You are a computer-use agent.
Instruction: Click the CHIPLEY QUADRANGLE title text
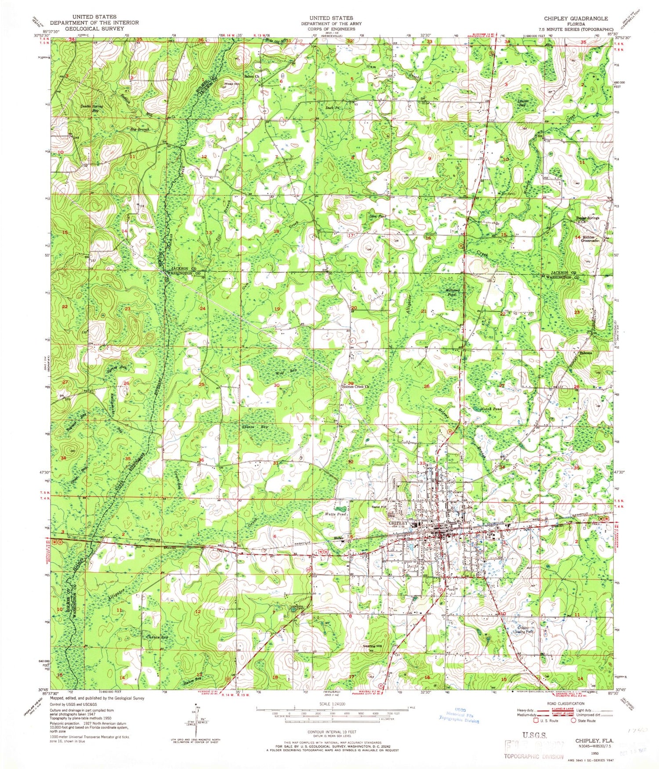pyautogui.click(x=576, y=18)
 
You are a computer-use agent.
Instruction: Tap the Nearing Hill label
pyautogui.click(x=372, y=646)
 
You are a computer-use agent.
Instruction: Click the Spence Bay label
pyautogui.click(x=254, y=427)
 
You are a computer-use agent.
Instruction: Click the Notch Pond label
pyautogui.click(x=491, y=409)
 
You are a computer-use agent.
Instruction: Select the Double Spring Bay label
pyautogui.click(x=92, y=109)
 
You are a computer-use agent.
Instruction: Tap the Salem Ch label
pyautogui.click(x=252, y=77)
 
